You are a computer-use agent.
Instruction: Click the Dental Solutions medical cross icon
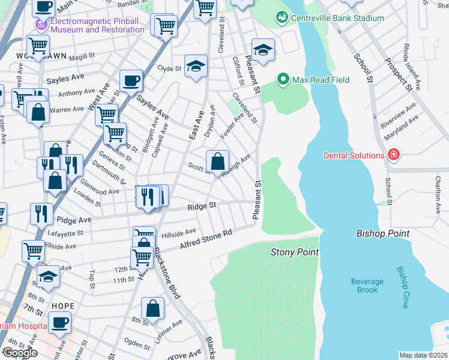(x=394, y=155)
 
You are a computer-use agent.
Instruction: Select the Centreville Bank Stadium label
(x=337, y=18)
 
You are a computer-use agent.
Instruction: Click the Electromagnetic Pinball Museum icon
(x=41, y=25)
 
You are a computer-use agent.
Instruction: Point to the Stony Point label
(x=294, y=252)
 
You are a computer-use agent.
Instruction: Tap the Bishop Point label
(x=382, y=233)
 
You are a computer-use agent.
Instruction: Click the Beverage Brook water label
(x=367, y=286)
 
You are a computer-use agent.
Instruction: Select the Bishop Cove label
(x=402, y=287)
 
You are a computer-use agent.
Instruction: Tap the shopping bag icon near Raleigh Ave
(x=217, y=161)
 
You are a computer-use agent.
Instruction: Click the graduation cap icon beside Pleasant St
(x=263, y=52)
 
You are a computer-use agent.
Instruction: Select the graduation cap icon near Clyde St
(x=196, y=67)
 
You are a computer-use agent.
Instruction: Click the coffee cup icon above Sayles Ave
(x=131, y=80)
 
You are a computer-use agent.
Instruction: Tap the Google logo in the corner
(x=20, y=353)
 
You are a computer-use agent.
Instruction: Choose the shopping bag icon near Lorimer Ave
(x=153, y=309)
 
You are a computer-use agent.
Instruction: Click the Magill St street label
(x=82, y=56)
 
